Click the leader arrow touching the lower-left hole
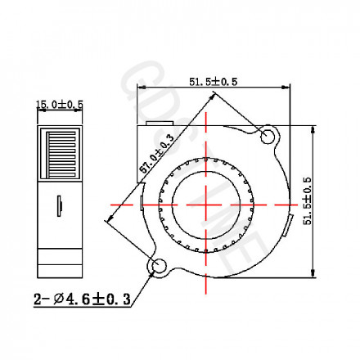pyautogui.click(x=151, y=271)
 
